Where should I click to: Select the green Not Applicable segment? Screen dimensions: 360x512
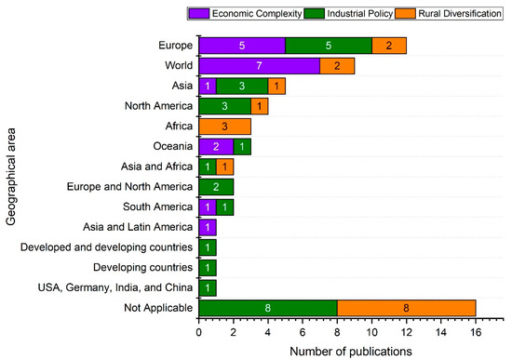(267, 309)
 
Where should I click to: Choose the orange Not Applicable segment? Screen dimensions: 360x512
(406, 309)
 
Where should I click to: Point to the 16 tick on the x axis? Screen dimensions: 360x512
(475, 331)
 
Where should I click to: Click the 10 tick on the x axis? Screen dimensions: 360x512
(371, 331)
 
